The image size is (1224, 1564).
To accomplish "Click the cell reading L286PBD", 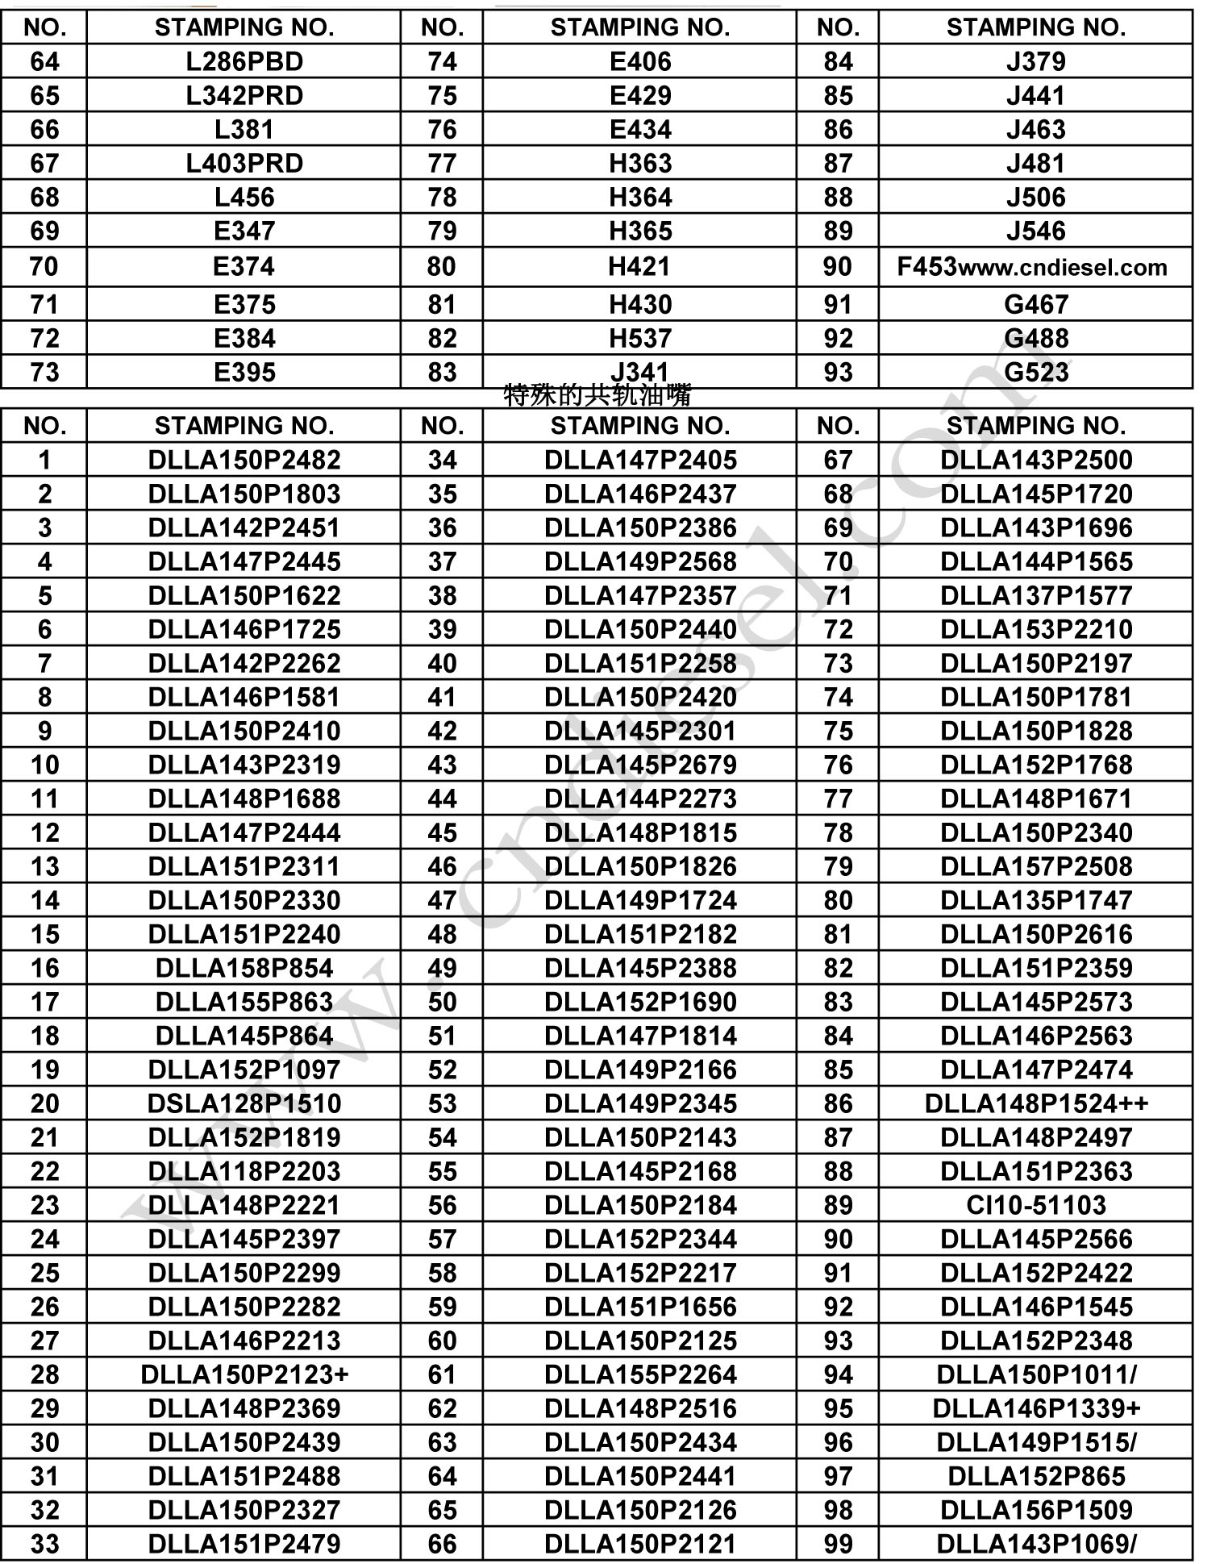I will pyautogui.click(x=244, y=61).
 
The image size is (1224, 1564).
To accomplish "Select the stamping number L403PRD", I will pyautogui.click(x=244, y=163).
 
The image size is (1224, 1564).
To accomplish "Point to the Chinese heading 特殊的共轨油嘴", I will pyautogui.click(x=597, y=395).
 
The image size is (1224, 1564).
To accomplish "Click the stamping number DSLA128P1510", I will pyautogui.click(x=244, y=1103).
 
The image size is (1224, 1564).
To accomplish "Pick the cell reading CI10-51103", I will pyautogui.click(x=1036, y=1204).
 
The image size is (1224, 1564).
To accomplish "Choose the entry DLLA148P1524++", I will pyautogui.click(x=1036, y=1103).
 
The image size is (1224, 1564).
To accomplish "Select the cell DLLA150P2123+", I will pyautogui.click(x=244, y=1374).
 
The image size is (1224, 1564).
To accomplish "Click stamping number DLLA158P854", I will pyautogui.click(x=244, y=967).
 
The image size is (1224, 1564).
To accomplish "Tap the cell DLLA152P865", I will pyautogui.click(x=1036, y=1475).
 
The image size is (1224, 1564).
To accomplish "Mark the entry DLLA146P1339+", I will pyautogui.click(x=1036, y=1408).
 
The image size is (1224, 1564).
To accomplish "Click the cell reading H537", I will pyautogui.click(x=640, y=338).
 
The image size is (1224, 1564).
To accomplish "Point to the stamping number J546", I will pyautogui.click(x=1036, y=231).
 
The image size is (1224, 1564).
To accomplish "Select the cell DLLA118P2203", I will pyautogui.click(x=244, y=1170).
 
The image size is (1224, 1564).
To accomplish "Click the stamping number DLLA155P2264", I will pyautogui.click(x=640, y=1374).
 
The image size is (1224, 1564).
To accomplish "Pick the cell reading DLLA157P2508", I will pyautogui.click(x=1036, y=865).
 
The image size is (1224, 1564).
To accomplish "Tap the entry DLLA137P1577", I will pyautogui.click(x=1036, y=594).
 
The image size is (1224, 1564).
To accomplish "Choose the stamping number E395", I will pyautogui.click(x=244, y=372).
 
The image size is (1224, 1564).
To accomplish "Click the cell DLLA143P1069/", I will pyautogui.click(x=1036, y=1543).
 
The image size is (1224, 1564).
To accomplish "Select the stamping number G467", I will pyautogui.click(x=1036, y=304).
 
